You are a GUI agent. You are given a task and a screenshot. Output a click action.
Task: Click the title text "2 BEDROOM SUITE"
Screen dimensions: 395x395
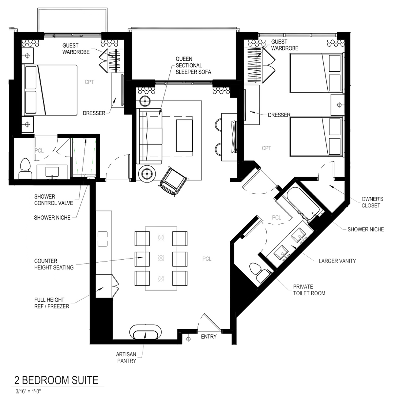point(56,380)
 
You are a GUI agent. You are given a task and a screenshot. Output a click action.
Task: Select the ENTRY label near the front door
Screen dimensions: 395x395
point(209,337)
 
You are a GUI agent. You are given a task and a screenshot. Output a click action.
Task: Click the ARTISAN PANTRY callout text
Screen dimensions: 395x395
point(126,358)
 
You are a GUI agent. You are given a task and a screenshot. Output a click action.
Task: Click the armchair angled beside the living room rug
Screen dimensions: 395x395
point(173,181)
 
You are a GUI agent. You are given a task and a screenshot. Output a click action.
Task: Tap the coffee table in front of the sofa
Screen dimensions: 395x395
point(184,135)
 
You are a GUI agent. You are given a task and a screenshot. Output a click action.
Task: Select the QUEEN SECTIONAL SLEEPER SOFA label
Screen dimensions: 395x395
point(193,65)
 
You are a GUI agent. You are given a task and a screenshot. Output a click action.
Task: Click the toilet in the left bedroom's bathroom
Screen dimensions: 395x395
point(25,169)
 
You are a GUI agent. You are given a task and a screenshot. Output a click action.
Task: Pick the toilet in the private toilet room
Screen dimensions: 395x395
point(262,272)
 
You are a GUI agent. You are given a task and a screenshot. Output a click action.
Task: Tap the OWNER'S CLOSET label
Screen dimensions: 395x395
point(372,202)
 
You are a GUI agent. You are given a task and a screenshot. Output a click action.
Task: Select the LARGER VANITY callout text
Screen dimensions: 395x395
point(337,261)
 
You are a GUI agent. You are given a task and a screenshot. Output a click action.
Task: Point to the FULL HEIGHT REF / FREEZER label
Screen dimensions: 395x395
point(52,304)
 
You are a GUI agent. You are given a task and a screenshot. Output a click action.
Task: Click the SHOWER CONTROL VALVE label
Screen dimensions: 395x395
point(51,200)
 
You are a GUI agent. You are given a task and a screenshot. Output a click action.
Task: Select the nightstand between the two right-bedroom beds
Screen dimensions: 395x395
point(338,105)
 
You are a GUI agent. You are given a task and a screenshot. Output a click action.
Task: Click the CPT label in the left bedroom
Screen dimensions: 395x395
point(89,82)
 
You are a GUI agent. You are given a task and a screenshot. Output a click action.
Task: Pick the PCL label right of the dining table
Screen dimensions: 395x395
point(207,259)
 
